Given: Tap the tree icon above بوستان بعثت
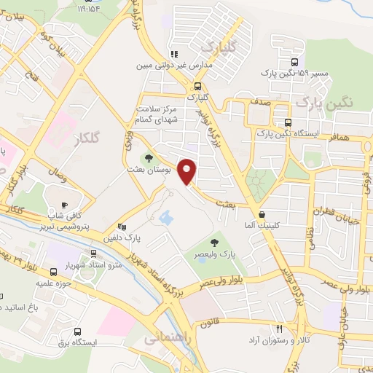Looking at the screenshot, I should pyautogui.click(x=149, y=157).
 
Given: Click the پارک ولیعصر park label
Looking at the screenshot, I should pyautogui.click(x=213, y=255).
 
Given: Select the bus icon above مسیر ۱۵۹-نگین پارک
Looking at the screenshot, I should pyautogui.click(x=294, y=63).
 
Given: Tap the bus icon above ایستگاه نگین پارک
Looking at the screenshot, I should pyautogui.click(x=289, y=122).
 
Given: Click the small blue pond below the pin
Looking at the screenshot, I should pyautogui.click(x=165, y=217).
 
